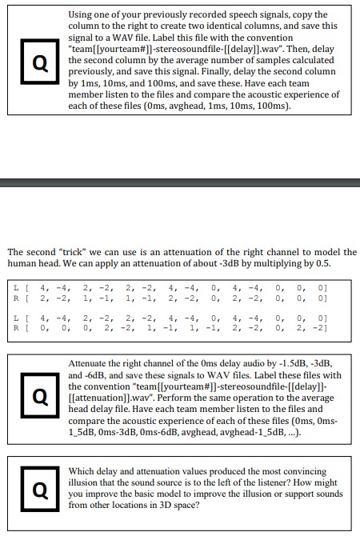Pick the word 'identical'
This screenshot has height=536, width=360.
241,26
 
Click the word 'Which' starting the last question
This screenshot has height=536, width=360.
84,471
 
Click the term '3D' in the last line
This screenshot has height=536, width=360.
172,505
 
